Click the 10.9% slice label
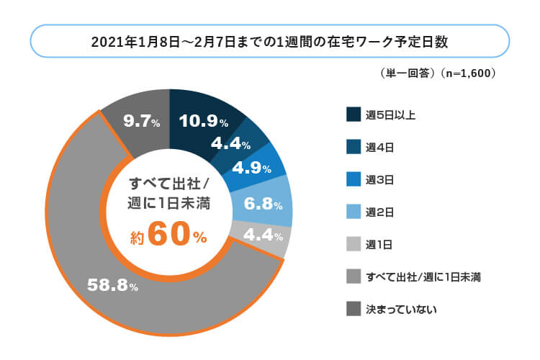pyautogui.click(x=204, y=122)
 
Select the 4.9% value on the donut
pyautogui.click(x=251, y=169)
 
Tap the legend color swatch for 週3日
pyautogui.click(x=353, y=179)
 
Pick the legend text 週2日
pyautogui.click(x=379, y=212)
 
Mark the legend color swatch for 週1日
pyautogui.click(x=353, y=244)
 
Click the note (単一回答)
pyautogui.click(x=407, y=73)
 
